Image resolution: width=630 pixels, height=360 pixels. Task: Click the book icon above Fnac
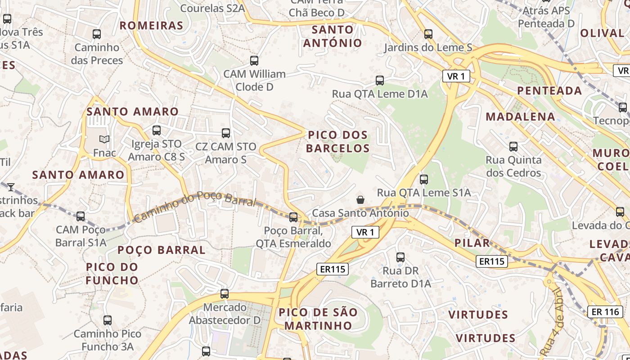(104, 139)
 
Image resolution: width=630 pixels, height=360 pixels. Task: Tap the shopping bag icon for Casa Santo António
(360, 199)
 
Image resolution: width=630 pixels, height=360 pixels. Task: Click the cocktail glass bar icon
(11, 187)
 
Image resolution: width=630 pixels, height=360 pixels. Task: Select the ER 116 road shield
(605, 311)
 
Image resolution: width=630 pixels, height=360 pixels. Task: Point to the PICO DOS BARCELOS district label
(337, 141)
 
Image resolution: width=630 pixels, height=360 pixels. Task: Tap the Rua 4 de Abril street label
(553, 321)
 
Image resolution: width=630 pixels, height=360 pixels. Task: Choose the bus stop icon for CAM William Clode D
(254, 60)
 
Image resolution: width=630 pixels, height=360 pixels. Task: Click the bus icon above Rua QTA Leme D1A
(380, 81)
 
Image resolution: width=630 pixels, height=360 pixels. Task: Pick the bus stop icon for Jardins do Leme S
(428, 34)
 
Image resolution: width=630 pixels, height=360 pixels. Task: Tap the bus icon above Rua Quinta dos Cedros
(513, 146)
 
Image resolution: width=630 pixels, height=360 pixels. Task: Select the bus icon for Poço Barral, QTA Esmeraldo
(293, 217)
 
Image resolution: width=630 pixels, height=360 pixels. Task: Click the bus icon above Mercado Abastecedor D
(225, 294)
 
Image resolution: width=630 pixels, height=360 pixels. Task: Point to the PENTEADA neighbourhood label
(549, 91)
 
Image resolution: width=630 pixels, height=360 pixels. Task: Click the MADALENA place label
(520, 117)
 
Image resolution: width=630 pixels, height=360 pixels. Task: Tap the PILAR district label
(472, 243)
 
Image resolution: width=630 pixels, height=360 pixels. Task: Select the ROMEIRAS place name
(151, 25)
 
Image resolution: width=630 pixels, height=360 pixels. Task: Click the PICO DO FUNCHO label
(112, 274)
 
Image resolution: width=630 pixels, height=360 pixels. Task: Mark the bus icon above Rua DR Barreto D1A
(400, 257)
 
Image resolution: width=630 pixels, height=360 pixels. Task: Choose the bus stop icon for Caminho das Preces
(97, 34)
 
